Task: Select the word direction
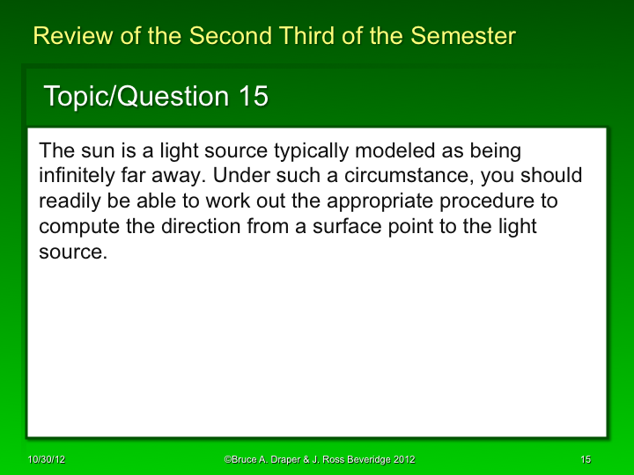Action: pos(196,226)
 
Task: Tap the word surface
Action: pos(328,226)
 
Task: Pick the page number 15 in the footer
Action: pos(586,460)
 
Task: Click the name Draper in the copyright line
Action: pos(281,460)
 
